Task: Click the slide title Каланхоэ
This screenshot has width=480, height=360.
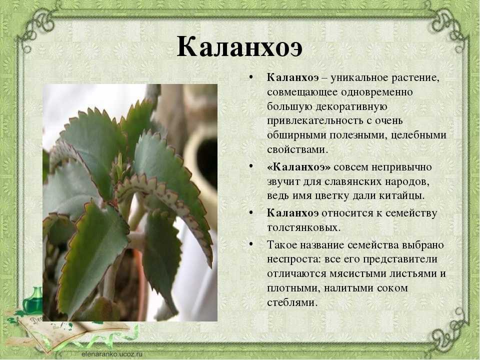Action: (x=239, y=47)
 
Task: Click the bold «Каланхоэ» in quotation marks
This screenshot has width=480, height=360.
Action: (x=299, y=167)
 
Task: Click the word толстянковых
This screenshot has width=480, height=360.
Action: (x=303, y=228)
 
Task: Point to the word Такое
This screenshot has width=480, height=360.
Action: (x=281, y=245)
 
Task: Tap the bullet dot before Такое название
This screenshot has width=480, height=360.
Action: (x=251, y=244)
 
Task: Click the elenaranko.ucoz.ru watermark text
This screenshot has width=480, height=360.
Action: (x=112, y=353)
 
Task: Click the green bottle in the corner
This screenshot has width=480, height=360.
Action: (x=32, y=300)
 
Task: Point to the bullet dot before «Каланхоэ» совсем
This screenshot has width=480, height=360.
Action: (x=251, y=166)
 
